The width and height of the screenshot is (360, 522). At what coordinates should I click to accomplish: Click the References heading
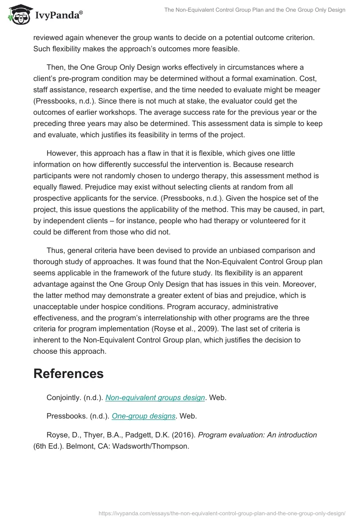[x=68, y=373]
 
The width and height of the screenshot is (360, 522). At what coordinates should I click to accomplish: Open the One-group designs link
[x=143, y=416]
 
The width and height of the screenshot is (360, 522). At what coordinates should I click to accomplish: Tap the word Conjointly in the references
[x=63, y=397]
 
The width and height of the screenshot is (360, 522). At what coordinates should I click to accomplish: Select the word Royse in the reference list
[x=57, y=435]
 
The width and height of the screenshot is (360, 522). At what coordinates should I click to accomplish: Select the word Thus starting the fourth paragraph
[x=55, y=250]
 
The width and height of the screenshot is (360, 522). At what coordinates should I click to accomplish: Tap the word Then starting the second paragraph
[x=55, y=67]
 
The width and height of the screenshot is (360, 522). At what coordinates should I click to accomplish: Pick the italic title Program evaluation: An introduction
[x=257, y=435]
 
